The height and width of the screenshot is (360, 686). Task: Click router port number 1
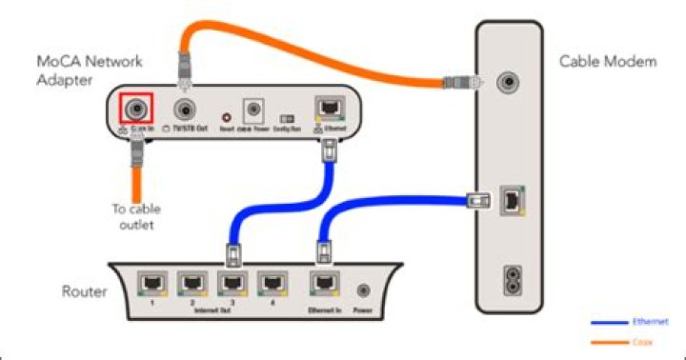point(151,283)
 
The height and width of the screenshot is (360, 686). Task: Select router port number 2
point(192,283)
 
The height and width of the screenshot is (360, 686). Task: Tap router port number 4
point(272,283)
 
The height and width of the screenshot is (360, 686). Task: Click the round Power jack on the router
point(363,287)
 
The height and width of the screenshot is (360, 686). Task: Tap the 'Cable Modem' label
point(608,62)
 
